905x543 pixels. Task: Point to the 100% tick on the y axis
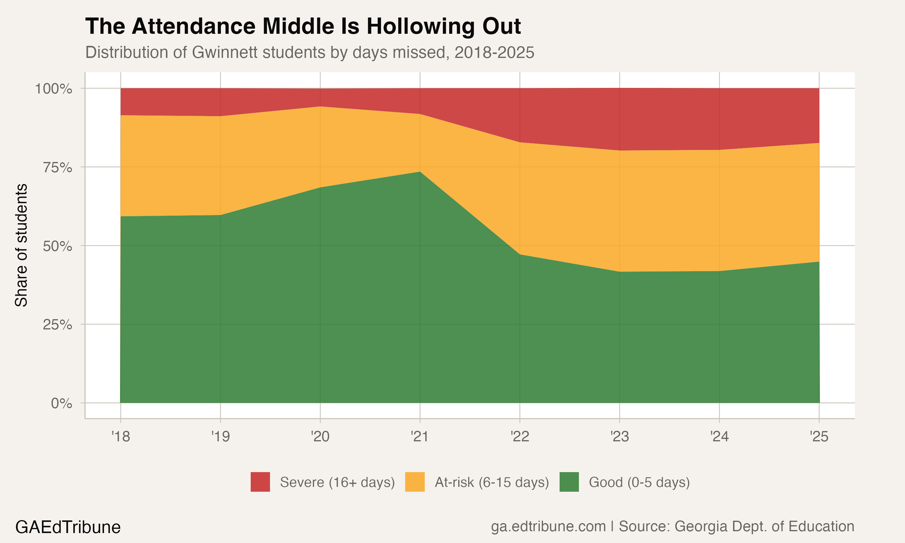coord(53,89)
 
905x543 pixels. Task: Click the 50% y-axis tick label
coord(57,246)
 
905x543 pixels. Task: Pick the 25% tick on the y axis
coord(57,325)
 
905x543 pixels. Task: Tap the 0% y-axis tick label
coord(62,403)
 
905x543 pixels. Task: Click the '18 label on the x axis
coord(121,436)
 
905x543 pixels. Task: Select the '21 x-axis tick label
coord(420,436)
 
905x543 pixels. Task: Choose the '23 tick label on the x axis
coord(619,436)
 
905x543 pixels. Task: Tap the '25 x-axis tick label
coord(819,436)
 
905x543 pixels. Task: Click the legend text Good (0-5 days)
coord(639,482)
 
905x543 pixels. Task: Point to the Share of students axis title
coord(21,245)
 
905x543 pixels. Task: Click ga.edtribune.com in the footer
coord(548,526)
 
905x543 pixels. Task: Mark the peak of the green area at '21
coord(420,172)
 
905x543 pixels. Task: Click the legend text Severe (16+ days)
coord(337,482)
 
